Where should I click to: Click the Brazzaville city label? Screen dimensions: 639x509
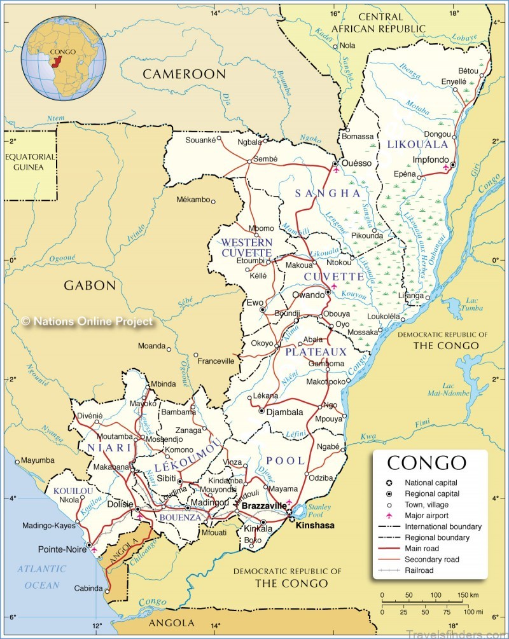coord(264,505)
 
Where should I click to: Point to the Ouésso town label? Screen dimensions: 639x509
coord(356,163)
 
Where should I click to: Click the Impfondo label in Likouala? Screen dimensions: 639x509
coord(431,160)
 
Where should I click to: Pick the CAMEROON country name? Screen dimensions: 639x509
coord(184,74)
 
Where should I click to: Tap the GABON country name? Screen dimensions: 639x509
coord(90,285)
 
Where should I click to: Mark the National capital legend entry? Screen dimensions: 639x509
coord(431,483)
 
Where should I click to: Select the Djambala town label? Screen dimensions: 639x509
coord(284,412)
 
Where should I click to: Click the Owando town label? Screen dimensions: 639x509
coord(308,296)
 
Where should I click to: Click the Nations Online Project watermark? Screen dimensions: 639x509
coord(87,322)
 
